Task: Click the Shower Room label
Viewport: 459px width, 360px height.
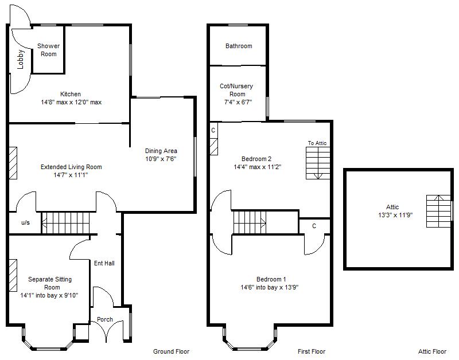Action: pyautogui.click(x=49, y=50)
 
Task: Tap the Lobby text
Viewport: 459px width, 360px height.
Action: pyautogui.click(x=21, y=60)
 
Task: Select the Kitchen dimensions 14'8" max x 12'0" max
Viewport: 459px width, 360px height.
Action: pyautogui.click(x=71, y=102)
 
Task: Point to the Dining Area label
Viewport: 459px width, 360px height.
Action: pyautogui.click(x=160, y=151)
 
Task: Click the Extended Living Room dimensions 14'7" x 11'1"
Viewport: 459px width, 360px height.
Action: pyautogui.click(x=71, y=175)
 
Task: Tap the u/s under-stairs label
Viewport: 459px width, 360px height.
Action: pyautogui.click(x=26, y=222)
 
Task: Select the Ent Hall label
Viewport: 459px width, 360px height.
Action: pyautogui.click(x=104, y=264)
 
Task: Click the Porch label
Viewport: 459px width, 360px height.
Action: pyautogui.click(x=105, y=319)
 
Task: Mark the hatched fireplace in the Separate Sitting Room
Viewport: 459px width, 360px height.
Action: pyautogui.click(x=13, y=276)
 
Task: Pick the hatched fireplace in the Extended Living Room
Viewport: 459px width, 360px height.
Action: pyautogui.click(x=13, y=163)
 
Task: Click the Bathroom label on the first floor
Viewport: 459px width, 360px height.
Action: pyautogui.click(x=238, y=46)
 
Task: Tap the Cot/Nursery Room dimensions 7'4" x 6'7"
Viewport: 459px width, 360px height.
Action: pyautogui.click(x=237, y=102)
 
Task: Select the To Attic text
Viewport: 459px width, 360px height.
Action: pyautogui.click(x=317, y=143)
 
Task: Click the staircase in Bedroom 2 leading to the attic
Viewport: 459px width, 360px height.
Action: pyautogui.click(x=318, y=163)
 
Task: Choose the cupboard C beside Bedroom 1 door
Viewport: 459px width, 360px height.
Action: pyautogui.click(x=314, y=226)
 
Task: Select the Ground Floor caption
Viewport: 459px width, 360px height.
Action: pyautogui.click(x=171, y=351)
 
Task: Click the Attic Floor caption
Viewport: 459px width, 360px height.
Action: pyautogui.click(x=432, y=351)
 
